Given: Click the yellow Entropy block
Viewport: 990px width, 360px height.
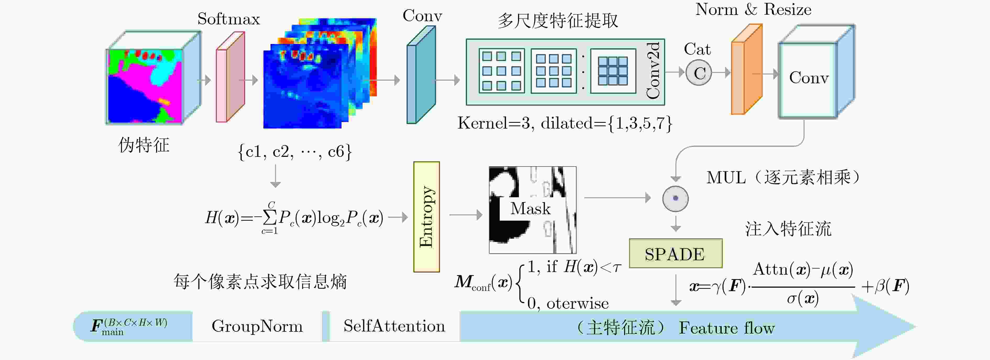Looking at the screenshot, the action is pyautogui.click(x=426, y=217).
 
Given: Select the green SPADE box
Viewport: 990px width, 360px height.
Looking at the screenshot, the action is pyautogui.click(x=676, y=253).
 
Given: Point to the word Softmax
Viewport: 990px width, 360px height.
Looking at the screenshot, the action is pyautogui.click(x=229, y=19).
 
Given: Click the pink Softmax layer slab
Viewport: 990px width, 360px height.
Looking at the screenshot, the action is pyautogui.click(x=230, y=77).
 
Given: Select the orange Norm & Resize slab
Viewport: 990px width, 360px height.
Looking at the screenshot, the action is pyautogui.click(x=746, y=69).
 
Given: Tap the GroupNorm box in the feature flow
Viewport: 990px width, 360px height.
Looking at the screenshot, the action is pyautogui.click(x=257, y=326).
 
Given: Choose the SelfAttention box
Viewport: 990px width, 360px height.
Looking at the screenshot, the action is pyautogui.click(x=394, y=326).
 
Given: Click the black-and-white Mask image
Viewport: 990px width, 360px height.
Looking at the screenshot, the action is pyautogui.click(x=532, y=210).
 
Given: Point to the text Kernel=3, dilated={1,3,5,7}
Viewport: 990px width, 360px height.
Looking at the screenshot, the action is pyautogui.click(x=565, y=123).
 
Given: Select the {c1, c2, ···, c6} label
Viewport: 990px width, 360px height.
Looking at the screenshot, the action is pyautogui.click(x=295, y=152).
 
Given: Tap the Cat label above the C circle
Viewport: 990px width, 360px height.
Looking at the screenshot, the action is pyautogui.click(x=697, y=49).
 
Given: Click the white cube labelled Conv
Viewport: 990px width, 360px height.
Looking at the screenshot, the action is pyautogui.click(x=816, y=72).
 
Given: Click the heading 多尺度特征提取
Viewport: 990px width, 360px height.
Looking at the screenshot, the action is pyautogui.click(x=558, y=20).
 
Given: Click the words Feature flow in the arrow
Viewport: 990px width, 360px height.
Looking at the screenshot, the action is pyautogui.click(x=726, y=328).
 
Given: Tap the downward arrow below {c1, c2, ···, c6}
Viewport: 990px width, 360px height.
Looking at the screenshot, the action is pyautogui.click(x=275, y=176).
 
